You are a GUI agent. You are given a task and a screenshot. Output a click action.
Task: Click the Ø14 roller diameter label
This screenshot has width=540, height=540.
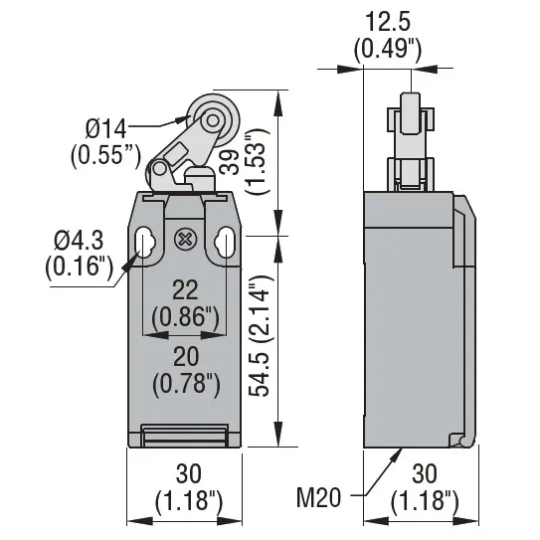click(106, 129)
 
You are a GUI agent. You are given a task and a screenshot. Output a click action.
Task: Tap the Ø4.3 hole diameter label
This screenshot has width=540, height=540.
click(79, 241)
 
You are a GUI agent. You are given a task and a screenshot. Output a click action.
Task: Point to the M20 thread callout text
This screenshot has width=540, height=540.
click(318, 497)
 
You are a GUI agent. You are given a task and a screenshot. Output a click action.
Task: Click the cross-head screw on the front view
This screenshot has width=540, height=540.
click(185, 239)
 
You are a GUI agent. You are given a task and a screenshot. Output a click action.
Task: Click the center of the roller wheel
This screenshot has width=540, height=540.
click(213, 120)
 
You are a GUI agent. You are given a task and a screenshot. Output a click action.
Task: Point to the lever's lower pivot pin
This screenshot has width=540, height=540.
click(159, 169)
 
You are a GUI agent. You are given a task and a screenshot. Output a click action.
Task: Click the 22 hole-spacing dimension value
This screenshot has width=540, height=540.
click(185, 290)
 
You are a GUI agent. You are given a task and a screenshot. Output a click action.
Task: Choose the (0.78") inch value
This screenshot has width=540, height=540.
click(186, 384)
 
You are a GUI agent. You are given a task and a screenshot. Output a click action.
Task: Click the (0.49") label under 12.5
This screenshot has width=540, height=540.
click(388, 49)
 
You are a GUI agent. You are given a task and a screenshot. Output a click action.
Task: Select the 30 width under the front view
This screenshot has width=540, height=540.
click(188, 474)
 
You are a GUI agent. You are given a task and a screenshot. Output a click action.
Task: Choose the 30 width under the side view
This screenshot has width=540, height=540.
click(425, 474)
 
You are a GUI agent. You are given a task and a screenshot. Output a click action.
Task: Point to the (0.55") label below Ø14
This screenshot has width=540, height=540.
click(105, 156)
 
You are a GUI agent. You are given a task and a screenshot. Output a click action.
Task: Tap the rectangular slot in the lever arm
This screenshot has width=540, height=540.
click(176, 153)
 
